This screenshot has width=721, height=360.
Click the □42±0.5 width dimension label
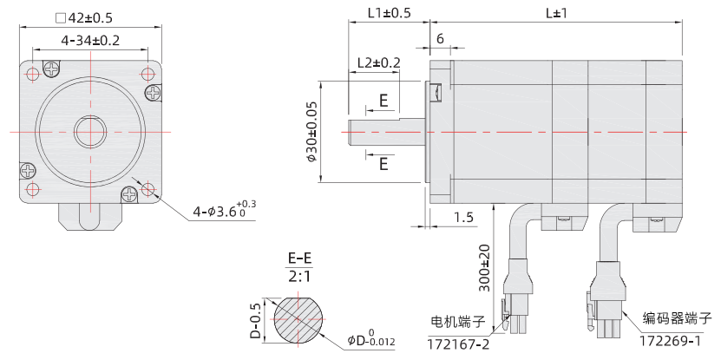[x=84, y=17]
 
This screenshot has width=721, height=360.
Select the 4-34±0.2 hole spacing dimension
[x=90, y=41]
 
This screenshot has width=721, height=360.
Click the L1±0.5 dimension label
[x=389, y=13]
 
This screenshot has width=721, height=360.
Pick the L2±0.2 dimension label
[x=379, y=62]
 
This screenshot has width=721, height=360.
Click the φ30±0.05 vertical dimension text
[x=311, y=131]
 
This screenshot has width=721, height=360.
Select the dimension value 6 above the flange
[x=441, y=39]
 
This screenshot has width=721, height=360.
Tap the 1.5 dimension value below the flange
[x=463, y=217]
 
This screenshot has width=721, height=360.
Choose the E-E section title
[x=301, y=259]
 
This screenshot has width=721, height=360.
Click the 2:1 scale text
[x=301, y=276]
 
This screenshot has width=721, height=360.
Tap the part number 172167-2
[x=458, y=344]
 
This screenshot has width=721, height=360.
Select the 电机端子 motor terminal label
[x=457, y=322]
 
